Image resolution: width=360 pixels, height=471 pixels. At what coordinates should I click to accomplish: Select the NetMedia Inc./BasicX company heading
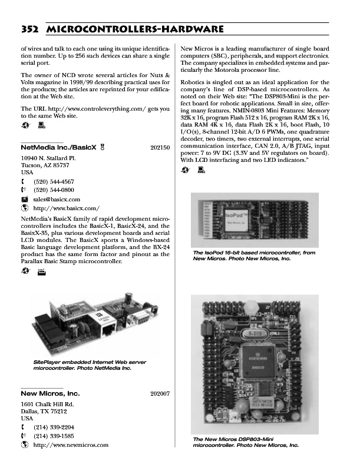click(x=54, y=147)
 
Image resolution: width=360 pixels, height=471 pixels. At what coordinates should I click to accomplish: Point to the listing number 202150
click(x=160, y=148)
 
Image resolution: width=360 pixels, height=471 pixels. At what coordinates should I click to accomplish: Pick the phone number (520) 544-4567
click(x=54, y=182)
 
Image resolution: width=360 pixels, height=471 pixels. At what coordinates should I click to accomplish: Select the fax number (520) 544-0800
click(x=54, y=190)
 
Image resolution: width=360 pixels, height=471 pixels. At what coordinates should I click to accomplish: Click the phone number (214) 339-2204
click(x=54, y=427)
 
